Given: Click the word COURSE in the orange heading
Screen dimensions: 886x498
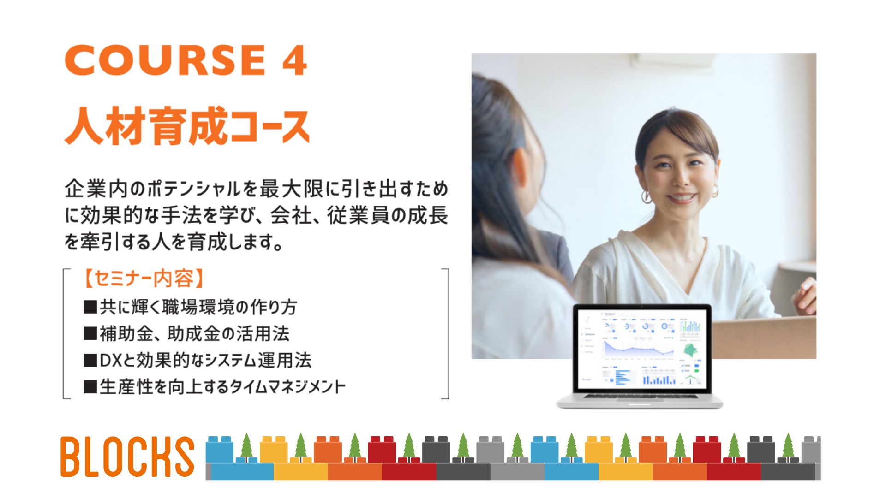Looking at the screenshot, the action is pos(165,60).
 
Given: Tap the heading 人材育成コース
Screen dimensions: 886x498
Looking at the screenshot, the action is pos(187,125).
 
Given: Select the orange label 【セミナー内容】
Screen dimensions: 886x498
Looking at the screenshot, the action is pos(144,279).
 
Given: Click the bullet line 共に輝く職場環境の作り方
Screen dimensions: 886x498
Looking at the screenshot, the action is pos(190,307).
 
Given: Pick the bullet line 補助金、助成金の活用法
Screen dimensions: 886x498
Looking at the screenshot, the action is pos(186,334).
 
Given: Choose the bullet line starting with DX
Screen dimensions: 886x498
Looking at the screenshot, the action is pos(198,360).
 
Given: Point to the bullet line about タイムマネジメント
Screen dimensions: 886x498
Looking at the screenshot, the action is pos(214,386).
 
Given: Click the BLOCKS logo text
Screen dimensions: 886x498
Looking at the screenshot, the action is pos(127,456).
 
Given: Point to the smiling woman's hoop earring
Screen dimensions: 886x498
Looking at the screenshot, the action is pos(646,196).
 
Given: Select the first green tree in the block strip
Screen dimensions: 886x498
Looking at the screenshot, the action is pos(247,446).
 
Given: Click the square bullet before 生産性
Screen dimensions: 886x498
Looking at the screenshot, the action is pos(90,386).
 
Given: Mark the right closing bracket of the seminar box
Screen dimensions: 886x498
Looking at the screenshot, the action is pos(446,333).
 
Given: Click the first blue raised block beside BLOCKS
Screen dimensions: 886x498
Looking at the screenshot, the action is pos(220,450).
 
